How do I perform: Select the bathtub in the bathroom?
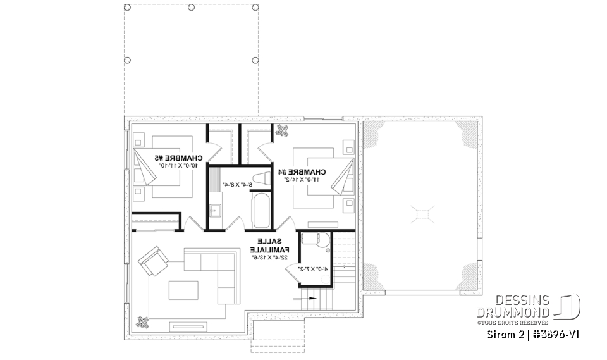pos(261,210)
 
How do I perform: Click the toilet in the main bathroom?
pos(261,178)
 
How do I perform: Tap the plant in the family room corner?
pos(144,322)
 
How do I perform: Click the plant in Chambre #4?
pos(281,132)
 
